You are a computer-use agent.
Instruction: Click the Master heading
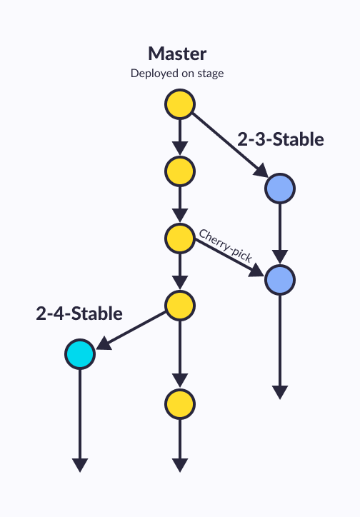[177, 54]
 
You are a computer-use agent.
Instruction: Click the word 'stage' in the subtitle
[210, 74]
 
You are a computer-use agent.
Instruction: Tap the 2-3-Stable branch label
[281, 139]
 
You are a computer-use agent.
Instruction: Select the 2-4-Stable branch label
[79, 313]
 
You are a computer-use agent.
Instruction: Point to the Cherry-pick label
[226, 246]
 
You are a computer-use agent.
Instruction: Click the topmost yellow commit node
[180, 104]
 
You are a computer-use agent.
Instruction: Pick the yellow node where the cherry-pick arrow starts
[180, 239]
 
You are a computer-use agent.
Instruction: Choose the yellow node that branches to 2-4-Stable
[180, 306]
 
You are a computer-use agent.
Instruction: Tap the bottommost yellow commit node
[180, 404]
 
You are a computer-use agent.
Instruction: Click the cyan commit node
[80, 354]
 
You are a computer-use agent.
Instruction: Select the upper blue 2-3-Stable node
[280, 189]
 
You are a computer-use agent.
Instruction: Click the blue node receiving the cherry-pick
[280, 280]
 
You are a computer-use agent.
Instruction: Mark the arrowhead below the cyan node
[80, 465]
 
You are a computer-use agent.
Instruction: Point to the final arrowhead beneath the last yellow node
[180, 465]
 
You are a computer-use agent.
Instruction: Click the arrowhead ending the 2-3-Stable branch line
[280, 392]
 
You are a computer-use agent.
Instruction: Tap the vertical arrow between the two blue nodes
[280, 234]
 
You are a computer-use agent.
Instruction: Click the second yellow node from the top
[180, 171]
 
